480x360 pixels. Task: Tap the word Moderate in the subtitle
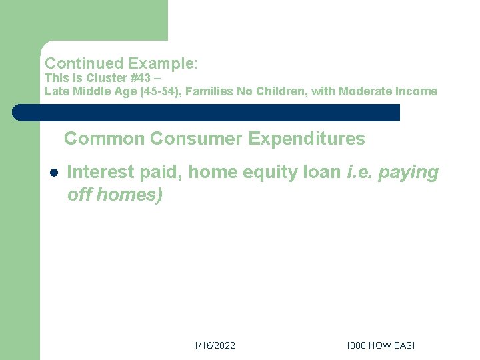(x=366, y=91)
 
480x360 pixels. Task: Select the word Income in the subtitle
(x=417, y=91)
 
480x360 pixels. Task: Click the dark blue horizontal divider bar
(x=207, y=113)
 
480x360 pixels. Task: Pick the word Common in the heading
(x=104, y=139)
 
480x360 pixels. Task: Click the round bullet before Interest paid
(x=53, y=173)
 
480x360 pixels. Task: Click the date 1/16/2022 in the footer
(x=214, y=345)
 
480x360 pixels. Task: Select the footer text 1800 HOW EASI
(x=380, y=345)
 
